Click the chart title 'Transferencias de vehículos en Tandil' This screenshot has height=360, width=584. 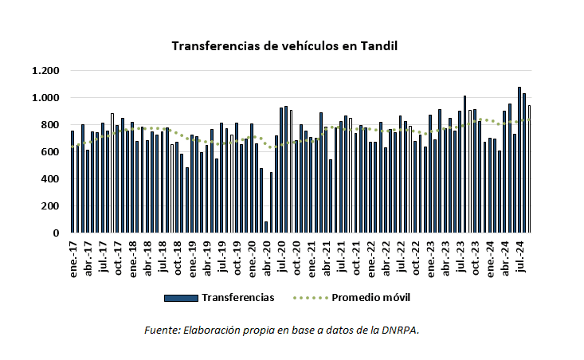click(x=284, y=45)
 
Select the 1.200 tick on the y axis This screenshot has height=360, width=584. click(x=45, y=71)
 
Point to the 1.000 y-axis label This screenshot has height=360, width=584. click(x=45, y=98)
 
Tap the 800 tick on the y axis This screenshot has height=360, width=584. click(x=49, y=125)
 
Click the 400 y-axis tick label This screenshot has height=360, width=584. click(x=49, y=179)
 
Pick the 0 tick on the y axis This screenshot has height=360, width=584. click(x=55, y=233)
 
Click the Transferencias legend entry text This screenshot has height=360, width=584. click(x=238, y=297)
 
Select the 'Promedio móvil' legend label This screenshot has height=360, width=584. click(x=371, y=297)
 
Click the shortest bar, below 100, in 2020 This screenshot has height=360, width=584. click(x=266, y=227)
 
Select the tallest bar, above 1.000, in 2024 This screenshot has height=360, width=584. click(x=519, y=160)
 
